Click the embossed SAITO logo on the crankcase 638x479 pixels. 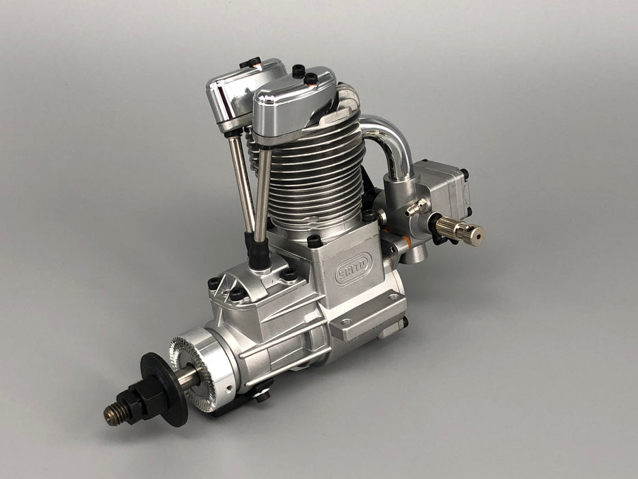(x=353, y=269)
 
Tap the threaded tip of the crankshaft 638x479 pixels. (x=114, y=415)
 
